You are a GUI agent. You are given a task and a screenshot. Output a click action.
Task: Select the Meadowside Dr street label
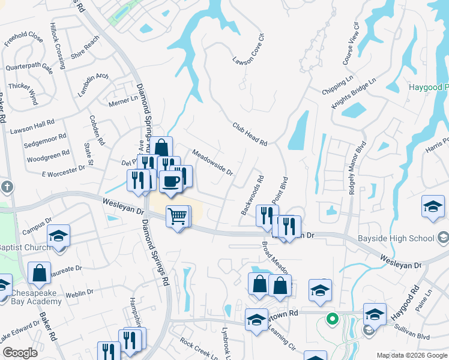tap(212, 162)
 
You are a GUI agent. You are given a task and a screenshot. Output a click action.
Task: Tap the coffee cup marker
tap(171, 181)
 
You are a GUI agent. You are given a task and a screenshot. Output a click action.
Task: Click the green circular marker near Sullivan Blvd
tap(331, 319)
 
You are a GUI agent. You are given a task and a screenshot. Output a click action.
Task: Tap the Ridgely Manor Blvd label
tap(357, 167)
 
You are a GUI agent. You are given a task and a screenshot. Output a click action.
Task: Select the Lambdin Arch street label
tap(94, 85)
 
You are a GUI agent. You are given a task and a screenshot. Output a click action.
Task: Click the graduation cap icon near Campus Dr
tap(59, 236)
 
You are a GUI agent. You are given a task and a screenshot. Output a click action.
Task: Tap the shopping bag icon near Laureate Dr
tap(39, 273)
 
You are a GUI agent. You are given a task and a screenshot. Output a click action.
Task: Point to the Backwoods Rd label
tap(253, 196)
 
